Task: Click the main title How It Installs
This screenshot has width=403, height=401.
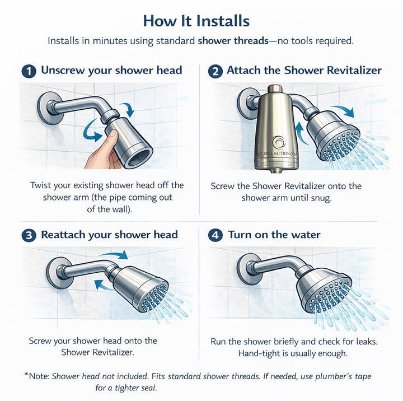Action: click(x=201, y=21)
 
